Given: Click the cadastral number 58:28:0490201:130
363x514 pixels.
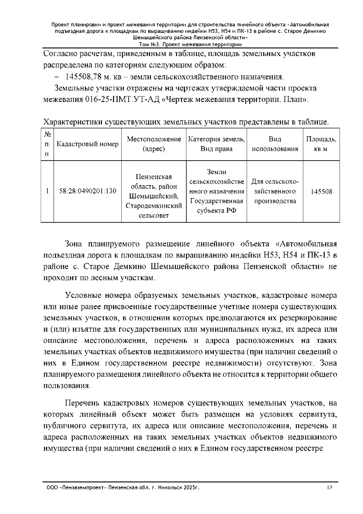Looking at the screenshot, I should click(88, 191).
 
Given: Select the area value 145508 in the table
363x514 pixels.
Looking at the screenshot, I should click(321, 192).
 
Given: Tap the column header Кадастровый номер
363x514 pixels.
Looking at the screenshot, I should click(88, 144).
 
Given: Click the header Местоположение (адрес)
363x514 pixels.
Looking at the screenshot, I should click(154, 144).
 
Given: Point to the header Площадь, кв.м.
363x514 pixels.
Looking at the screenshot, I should click(321, 144).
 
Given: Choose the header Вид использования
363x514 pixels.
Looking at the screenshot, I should click(275, 144).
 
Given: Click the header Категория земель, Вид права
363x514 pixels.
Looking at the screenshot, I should click(216, 144).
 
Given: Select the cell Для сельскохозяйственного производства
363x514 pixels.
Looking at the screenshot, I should click(275, 191).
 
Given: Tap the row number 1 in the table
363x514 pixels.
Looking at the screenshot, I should click(47, 191).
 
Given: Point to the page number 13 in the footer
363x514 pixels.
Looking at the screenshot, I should click(329, 487).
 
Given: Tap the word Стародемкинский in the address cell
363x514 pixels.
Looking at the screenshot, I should click(154, 206).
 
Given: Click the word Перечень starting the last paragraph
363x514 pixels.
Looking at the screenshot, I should click(82, 403).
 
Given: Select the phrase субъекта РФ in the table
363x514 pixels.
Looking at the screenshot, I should click(216, 211).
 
